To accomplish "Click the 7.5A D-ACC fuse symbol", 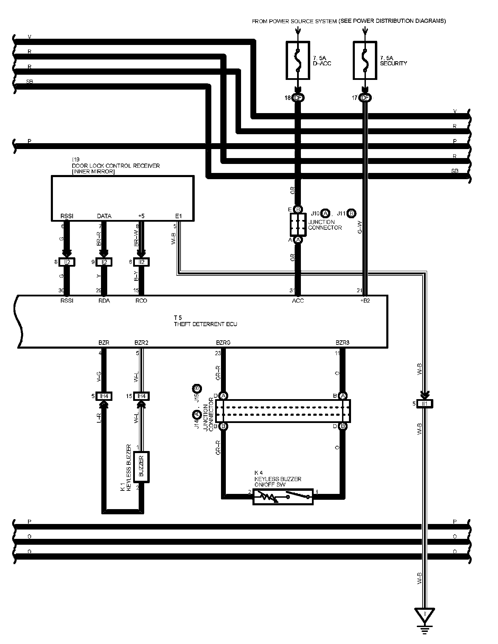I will pos(297,60).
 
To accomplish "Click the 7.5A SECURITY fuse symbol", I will pos(365,60).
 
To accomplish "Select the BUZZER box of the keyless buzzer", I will pos(141,467).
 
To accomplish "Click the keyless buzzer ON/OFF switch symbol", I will pos(283,497).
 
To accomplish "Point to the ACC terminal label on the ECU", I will pos(298,301).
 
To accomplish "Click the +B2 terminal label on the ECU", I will pos(365,301).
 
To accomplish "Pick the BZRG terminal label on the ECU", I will pos(223,343).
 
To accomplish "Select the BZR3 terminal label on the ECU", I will pos(342,343).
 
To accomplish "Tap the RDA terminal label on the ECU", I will pos(104,301).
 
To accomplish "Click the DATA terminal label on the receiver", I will pos(104,216).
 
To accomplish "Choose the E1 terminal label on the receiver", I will pos(178,216).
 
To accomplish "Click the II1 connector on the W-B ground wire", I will pos(425,403).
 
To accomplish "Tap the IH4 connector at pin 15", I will pos(141,396).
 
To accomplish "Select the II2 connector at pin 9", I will pos(104,262).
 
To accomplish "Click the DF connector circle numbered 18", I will pos(298,98).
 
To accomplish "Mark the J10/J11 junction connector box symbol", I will pos(298,224).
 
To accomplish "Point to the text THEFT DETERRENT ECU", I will pos(205,324).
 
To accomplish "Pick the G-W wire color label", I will pos(360,227).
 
